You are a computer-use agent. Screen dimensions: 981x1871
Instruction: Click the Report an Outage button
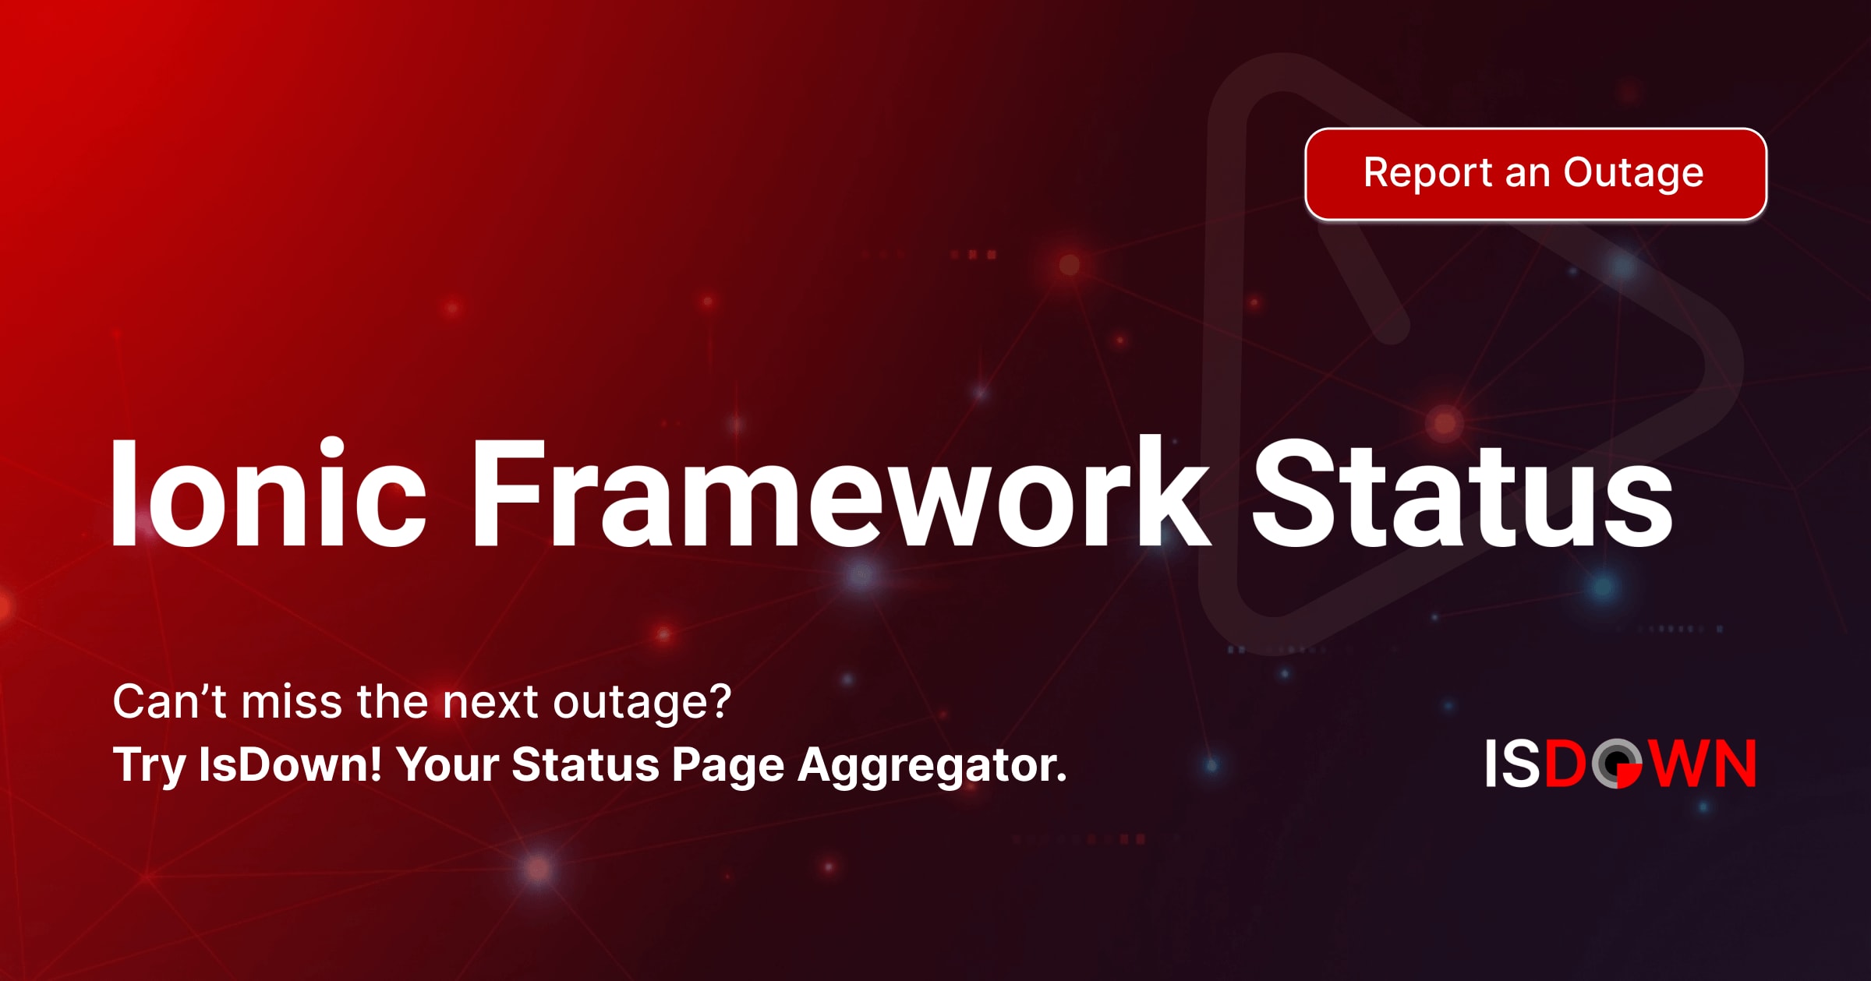click(x=1535, y=174)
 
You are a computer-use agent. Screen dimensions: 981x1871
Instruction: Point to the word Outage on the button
click(x=1633, y=174)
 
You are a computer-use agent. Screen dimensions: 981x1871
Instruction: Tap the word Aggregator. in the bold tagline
click(x=932, y=766)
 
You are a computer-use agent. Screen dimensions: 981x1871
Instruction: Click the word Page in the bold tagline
click(x=727, y=766)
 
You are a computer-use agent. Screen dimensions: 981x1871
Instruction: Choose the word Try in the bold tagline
click(x=148, y=766)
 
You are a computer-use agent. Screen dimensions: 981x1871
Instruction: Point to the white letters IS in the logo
click(x=1512, y=764)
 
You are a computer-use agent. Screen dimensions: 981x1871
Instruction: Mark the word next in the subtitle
click(x=490, y=703)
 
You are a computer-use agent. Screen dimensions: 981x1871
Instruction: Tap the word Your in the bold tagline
click(x=447, y=764)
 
